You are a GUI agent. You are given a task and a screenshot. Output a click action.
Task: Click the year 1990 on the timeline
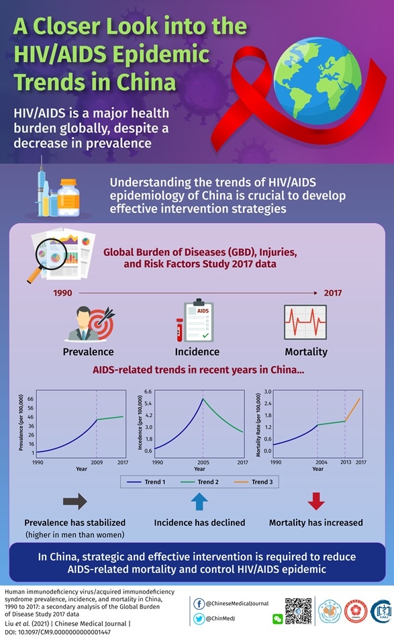(x=62, y=293)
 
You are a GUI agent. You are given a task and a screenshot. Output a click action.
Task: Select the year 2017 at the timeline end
(x=332, y=293)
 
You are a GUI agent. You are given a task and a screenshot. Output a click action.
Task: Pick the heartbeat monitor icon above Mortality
(x=305, y=323)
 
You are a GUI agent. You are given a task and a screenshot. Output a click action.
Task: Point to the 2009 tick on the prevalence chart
(x=97, y=463)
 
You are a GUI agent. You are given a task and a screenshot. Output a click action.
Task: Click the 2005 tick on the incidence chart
(x=202, y=463)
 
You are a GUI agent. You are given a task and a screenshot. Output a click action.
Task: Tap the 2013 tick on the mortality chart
(x=345, y=463)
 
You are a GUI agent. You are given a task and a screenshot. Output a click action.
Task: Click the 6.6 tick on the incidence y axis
(x=148, y=391)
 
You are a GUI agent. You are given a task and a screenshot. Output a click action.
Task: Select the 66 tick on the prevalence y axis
(x=31, y=399)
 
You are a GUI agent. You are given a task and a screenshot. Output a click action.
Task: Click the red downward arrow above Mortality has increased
(x=315, y=502)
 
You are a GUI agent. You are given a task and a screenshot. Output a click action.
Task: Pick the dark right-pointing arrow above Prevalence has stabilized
(x=75, y=502)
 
